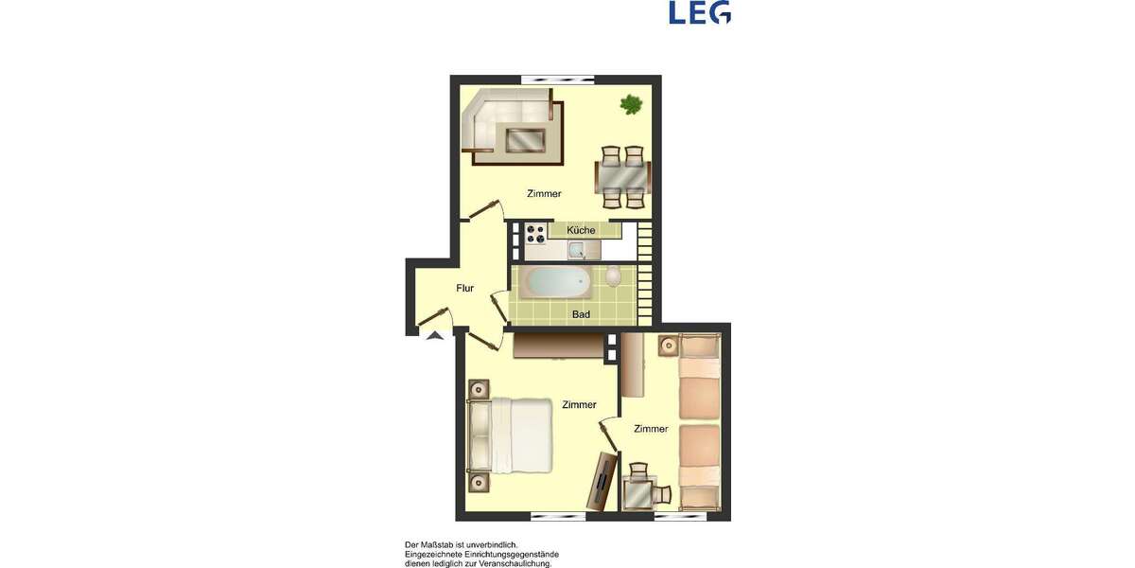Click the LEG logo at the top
coord(699,12)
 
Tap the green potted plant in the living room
coord(631,104)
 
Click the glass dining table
coord(622,177)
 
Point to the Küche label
coord(581,230)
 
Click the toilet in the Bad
coord(614,276)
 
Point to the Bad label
coord(581,314)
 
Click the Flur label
coord(464,289)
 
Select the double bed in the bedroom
coord(518,435)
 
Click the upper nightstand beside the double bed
coord(480,388)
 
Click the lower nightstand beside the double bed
coord(480,482)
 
